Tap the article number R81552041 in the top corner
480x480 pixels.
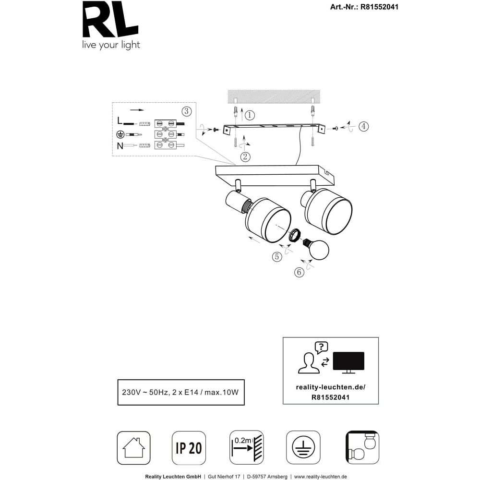(379, 7)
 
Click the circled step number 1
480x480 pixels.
(250, 115)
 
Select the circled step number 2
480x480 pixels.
(245, 157)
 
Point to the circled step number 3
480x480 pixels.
(187, 111)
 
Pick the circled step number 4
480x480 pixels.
(364, 126)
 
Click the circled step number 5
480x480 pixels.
(277, 256)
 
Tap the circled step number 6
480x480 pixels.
(299, 272)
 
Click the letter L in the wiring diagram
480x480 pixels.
(120, 120)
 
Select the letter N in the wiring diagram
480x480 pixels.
(120, 146)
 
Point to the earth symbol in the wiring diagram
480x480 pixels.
(120, 134)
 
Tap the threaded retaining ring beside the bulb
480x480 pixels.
(295, 236)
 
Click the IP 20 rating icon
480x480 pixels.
(189, 448)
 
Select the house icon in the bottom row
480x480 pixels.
(134, 448)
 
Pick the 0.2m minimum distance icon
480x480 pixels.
(246, 447)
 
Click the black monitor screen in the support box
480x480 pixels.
(348, 361)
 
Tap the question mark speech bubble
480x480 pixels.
(322, 348)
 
